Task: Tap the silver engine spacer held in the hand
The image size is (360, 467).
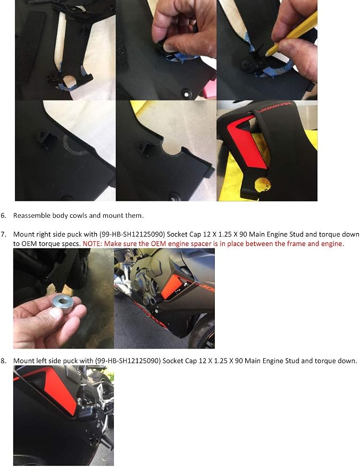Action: point(63,303)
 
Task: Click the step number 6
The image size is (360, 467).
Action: point(3,215)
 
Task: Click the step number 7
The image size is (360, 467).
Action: point(3,234)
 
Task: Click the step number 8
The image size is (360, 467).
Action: point(3,361)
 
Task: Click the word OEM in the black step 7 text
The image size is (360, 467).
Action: point(28,244)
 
